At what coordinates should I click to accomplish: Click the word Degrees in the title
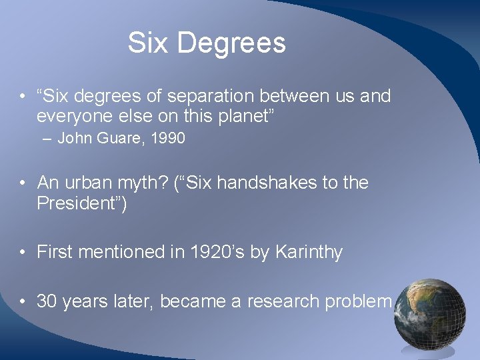pyautogui.click(x=231, y=43)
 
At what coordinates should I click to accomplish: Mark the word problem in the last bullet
pyautogui.click(x=357, y=301)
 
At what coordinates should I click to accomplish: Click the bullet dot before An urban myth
pyautogui.click(x=23, y=183)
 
